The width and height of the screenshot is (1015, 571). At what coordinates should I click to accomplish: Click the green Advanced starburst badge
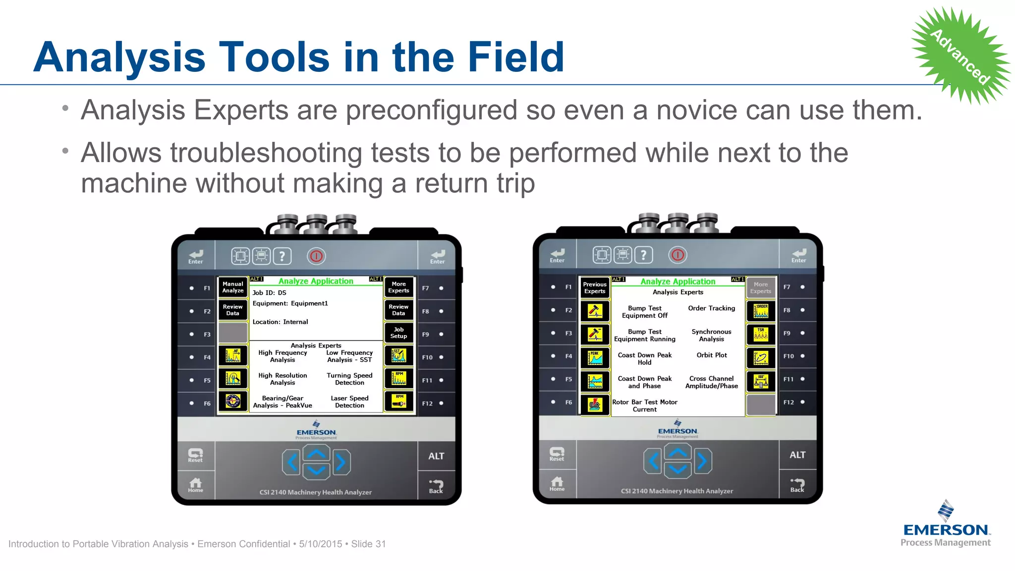pyautogui.click(x=960, y=56)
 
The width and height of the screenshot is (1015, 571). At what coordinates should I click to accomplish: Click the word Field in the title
pyautogui.click(x=516, y=57)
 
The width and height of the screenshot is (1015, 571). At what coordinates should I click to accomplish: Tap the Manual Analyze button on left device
pyautogui.click(x=233, y=287)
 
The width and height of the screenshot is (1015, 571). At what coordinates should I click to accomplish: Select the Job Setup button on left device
pyautogui.click(x=398, y=333)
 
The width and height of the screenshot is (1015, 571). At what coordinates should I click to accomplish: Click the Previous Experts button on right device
pyautogui.click(x=595, y=288)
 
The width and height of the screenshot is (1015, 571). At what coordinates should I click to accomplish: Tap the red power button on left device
pyautogui.click(x=316, y=256)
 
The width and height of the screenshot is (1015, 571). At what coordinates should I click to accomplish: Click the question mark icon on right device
pyautogui.click(x=644, y=255)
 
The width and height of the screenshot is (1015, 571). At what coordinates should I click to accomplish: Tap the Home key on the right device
pyautogui.click(x=557, y=483)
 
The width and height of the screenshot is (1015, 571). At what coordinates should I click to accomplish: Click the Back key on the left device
pyautogui.click(x=436, y=486)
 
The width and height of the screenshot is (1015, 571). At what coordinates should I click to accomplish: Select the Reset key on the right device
pyautogui.click(x=557, y=454)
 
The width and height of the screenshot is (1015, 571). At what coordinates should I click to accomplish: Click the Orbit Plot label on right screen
pyautogui.click(x=712, y=355)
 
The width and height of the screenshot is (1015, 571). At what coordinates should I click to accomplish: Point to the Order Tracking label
pyautogui.click(x=712, y=308)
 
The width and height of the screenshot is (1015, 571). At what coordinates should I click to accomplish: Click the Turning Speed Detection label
pyautogui.click(x=349, y=379)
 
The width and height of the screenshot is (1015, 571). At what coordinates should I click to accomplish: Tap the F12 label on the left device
pyautogui.click(x=427, y=403)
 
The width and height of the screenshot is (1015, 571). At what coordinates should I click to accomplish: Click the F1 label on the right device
pyautogui.click(x=568, y=287)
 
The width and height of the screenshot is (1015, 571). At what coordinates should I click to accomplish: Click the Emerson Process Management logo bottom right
pyautogui.click(x=946, y=525)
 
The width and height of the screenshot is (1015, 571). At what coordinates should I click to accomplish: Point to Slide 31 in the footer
pyautogui.click(x=368, y=544)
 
